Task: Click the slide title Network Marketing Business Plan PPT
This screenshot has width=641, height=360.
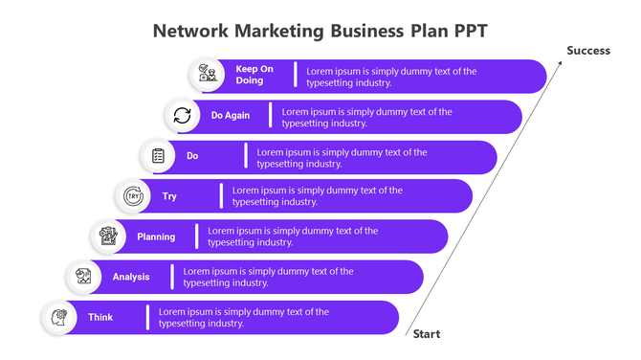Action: click(x=320, y=30)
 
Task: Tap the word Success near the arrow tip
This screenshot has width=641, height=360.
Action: click(x=587, y=51)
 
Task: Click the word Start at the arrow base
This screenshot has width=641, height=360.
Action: click(x=427, y=334)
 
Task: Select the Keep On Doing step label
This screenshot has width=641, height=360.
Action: click(x=254, y=75)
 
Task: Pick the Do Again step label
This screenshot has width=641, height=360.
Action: click(x=231, y=115)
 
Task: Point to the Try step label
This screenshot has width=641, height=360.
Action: click(x=169, y=196)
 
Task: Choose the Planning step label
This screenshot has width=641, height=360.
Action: click(x=156, y=236)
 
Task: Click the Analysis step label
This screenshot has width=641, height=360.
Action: click(x=131, y=277)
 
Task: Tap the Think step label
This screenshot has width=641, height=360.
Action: click(x=100, y=317)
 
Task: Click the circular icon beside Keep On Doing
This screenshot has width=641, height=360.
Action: click(x=206, y=75)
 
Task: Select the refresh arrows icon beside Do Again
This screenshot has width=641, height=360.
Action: click(x=182, y=116)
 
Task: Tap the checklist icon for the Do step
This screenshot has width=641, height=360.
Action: click(x=158, y=156)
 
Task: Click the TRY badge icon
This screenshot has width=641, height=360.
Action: click(x=133, y=196)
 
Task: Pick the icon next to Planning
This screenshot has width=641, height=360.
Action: click(x=108, y=236)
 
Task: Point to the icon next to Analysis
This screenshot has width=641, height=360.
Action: click(x=83, y=277)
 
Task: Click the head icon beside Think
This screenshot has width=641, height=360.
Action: click(x=59, y=317)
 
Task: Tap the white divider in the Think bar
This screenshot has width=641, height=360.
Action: click(x=147, y=317)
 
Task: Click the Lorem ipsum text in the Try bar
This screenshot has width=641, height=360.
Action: click(x=318, y=196)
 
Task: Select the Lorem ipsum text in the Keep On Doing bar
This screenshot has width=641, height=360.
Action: click(x=390, y=77)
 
